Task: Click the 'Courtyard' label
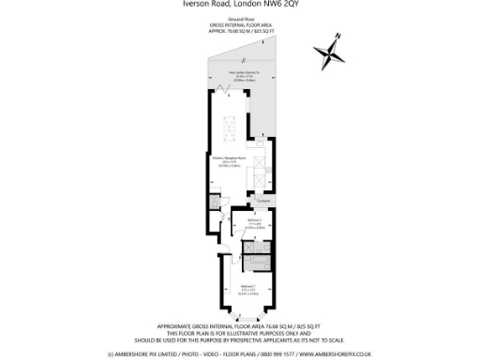263,199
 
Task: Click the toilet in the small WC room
216,202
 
